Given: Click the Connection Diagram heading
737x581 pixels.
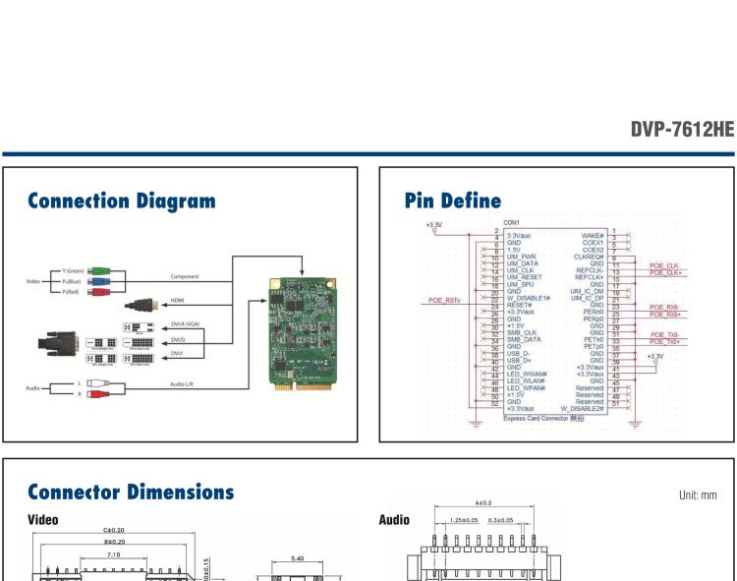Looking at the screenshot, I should (122, 202).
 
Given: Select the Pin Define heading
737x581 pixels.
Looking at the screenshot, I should (452, 202).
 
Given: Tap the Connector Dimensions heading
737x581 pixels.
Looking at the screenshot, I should (131, 492).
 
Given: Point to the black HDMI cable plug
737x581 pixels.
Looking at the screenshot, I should (142, 305).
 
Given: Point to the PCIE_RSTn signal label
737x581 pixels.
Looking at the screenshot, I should (447, 301).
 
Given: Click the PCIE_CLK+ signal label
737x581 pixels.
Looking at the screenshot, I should (667, 272).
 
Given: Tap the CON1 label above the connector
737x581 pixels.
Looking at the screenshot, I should (511, 223).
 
